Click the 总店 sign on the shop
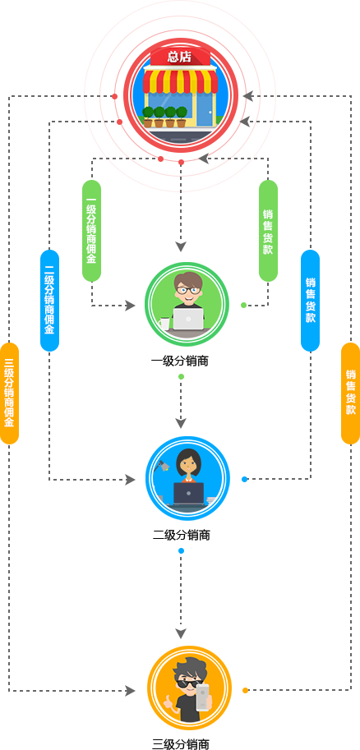click(x=180, y=58)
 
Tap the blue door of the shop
click(x=205, y=108)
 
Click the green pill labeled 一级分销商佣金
click(x=91, y=231)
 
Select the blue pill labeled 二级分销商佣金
click(x=49, y=301)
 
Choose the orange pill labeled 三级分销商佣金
click(x=9, y=393)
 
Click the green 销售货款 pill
click(x=268, y=231)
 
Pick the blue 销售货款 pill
click(x=310, y=301)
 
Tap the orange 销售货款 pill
click(x=350, y=393)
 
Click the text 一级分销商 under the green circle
click(x=181, y=361)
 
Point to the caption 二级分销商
click(x=182, y=536)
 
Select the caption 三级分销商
click(x=181, y=744)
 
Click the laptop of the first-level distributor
click(x=188, y=319)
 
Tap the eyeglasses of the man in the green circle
click(x=187, y=289)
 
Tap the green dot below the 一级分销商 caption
click(x=181, y=377)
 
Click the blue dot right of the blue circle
click(x=245, y=479)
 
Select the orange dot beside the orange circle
click(x=246, y=690)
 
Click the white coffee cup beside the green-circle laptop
click(x=164, y=324)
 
